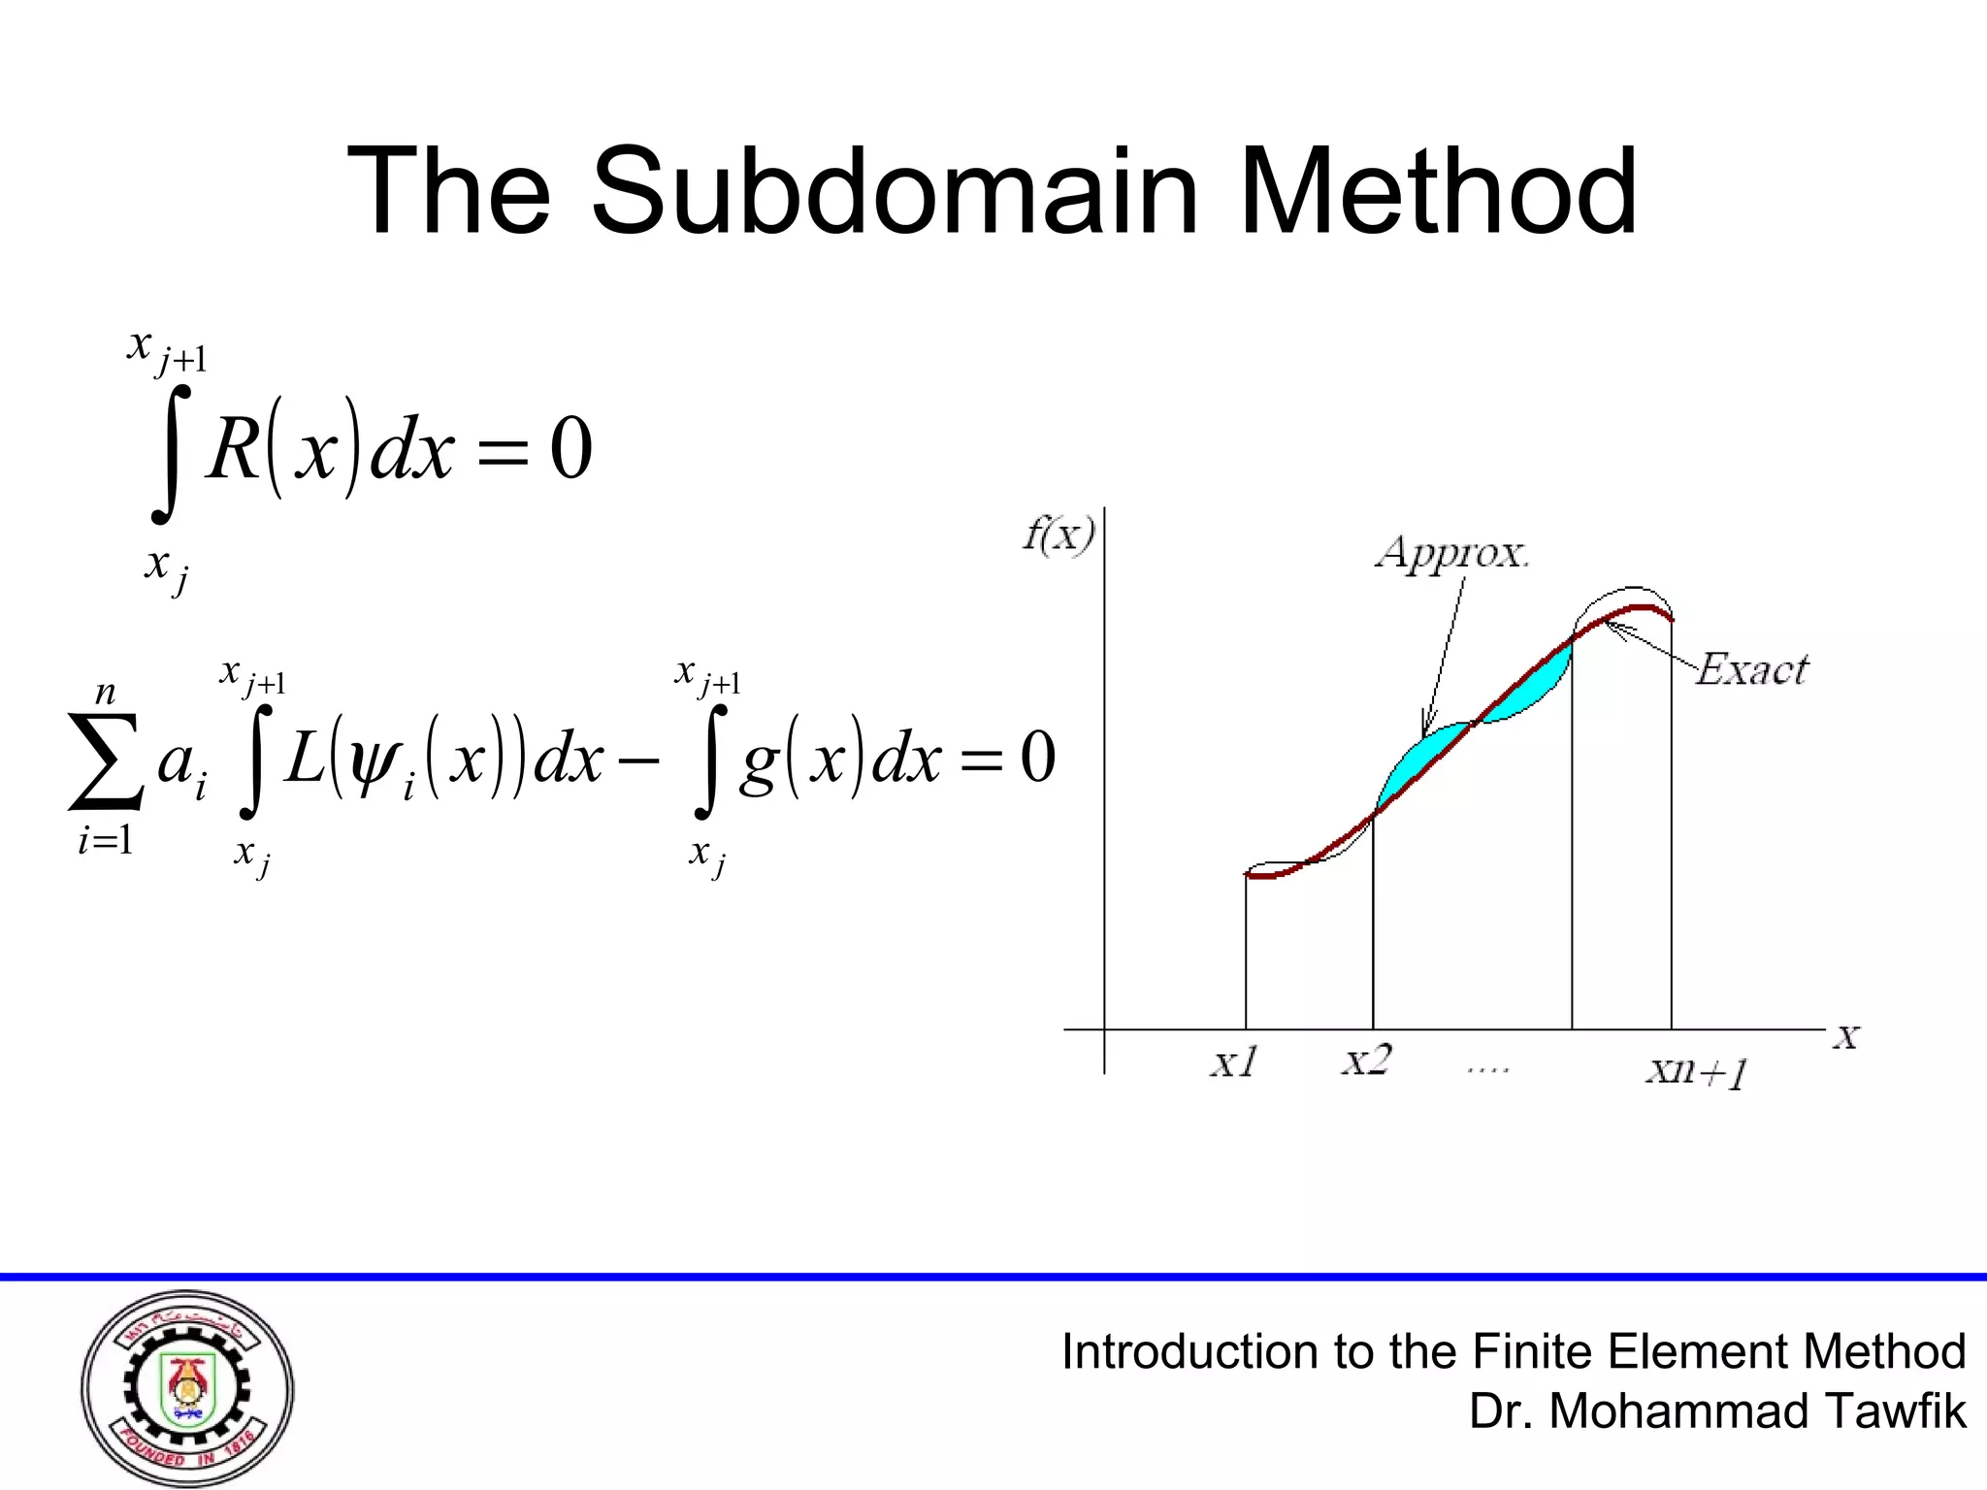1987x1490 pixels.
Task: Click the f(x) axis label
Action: pyautogui.click(x=1059, y=534)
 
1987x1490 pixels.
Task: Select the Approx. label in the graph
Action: pyautogui.click(x=1451, y=553)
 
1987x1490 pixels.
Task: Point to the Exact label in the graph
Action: pyautogui.click(x=1752, y=669)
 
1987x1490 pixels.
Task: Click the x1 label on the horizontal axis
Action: pyautogui.click(x=1234, y=1063)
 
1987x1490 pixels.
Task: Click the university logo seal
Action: pyautogui.click(x=187, y=1388)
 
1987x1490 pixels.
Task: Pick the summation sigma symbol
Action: pyautogui.click(x=105, y=761)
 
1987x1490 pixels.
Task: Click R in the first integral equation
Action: pyautogui.click(x=233, y=450)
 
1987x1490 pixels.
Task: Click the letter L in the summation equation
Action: pyautogui.click(x=305, y=759)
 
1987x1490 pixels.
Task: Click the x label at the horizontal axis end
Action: pyautogui.click(x=1845, y=1037)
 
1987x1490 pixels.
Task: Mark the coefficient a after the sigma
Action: pyautogui.click(x=177, y=762)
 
